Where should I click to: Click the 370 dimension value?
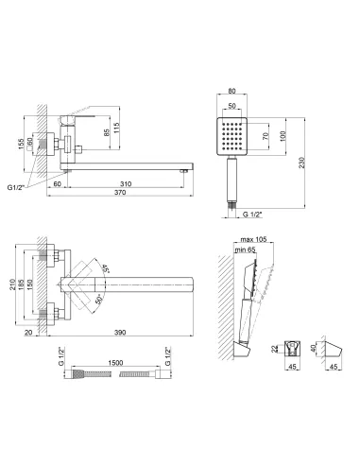coord(120,192)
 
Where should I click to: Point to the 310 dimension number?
coord(126,183)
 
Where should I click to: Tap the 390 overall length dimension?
coord(120,333)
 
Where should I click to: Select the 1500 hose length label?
coord(115,363)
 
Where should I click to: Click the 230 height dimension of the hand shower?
coord(302,163)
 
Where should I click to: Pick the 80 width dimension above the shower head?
coord(231,91)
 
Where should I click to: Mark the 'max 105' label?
coord(253,239)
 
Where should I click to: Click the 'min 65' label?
coord(246,250)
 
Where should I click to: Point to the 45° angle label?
coord(105,268)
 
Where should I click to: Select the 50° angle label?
coord(99,299)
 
